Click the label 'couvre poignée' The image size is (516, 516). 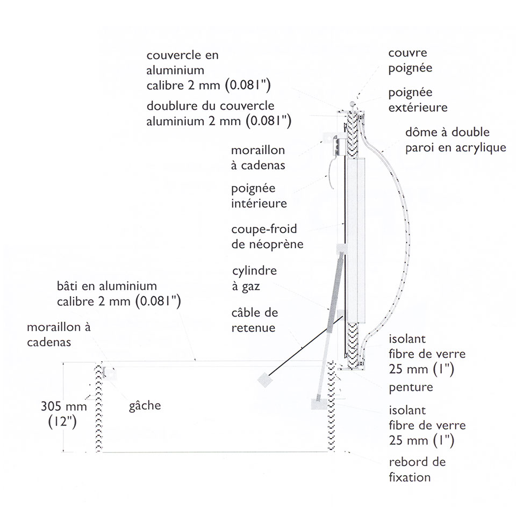(410, 61)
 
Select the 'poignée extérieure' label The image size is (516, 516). (418, 100)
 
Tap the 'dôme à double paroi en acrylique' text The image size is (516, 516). (455, 140)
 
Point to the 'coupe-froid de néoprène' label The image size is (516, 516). (267, 236)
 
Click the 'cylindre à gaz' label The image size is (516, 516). (254, 278)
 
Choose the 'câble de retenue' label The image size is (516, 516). (255, 320)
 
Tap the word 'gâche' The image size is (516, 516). (145, 406)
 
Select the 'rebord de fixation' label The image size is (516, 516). (417, 469)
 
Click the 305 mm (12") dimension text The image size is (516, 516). (64, 414)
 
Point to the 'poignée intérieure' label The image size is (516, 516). (259, 196)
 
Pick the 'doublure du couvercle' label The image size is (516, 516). (210, 106)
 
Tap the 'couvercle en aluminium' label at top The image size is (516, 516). (182, 62)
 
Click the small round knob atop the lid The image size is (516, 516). (352, 104)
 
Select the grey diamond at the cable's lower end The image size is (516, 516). (265, 381)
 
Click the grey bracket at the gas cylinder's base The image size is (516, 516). (319, 404)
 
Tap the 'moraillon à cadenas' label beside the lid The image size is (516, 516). (258, 157)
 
